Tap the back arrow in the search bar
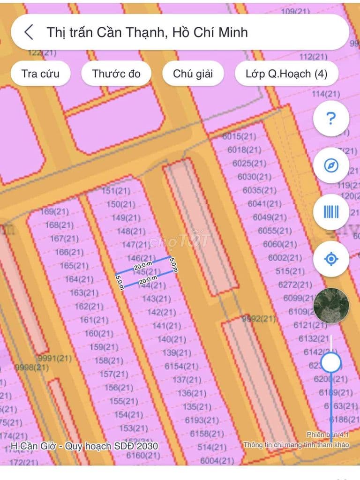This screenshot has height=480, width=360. pos(29,32)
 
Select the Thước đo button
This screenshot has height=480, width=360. pos(116,74)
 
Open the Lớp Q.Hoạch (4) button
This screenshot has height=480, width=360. pos(286,74)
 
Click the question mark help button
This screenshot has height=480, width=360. pos(331,119)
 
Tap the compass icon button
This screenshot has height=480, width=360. pos(331,165)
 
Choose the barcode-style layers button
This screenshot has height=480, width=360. pos(331,212)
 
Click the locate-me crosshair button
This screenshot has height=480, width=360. pos(331,258)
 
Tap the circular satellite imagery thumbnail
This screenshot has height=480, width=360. pos(331,306)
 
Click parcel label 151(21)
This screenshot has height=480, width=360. pos(116,191)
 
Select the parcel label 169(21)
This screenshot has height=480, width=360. pos(54,212)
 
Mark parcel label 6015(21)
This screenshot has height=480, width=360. pos(239,136)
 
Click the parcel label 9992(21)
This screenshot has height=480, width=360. pos(259,319)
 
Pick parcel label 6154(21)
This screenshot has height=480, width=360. pos(181,366)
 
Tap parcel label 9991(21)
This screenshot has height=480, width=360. pos(55,359)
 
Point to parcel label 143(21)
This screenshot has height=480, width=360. pos(156,299)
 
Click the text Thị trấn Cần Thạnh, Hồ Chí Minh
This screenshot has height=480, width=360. pos(147,32)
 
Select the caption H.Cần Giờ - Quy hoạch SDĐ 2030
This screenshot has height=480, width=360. pos(84,446)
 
